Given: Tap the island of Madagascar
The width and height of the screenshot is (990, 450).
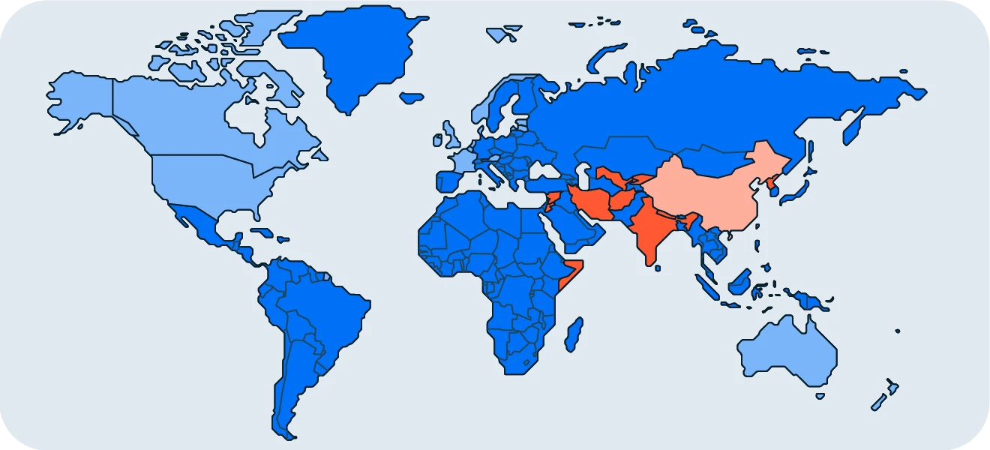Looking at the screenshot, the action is (574, 334).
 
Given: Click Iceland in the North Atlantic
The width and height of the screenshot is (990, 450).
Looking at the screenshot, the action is (412, 97).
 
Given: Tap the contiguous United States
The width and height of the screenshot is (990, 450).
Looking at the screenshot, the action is (217, 180).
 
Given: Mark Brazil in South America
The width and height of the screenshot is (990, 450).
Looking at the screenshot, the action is (330, 307).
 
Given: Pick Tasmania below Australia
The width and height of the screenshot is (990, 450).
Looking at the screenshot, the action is (820, 395).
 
